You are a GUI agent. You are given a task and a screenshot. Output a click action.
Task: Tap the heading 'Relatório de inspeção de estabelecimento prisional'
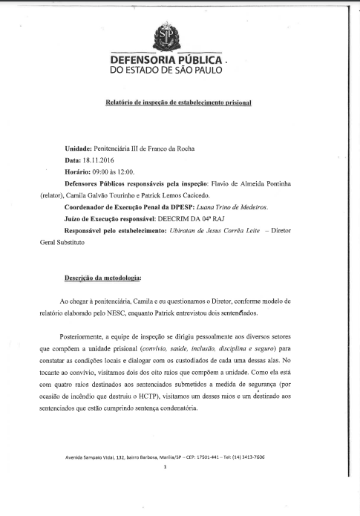point(178,102)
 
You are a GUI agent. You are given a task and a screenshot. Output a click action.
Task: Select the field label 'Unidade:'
point(79,148)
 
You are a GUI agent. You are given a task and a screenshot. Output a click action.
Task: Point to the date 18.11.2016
point(99,160)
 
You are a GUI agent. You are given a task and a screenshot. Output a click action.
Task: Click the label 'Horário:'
point(82,172)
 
